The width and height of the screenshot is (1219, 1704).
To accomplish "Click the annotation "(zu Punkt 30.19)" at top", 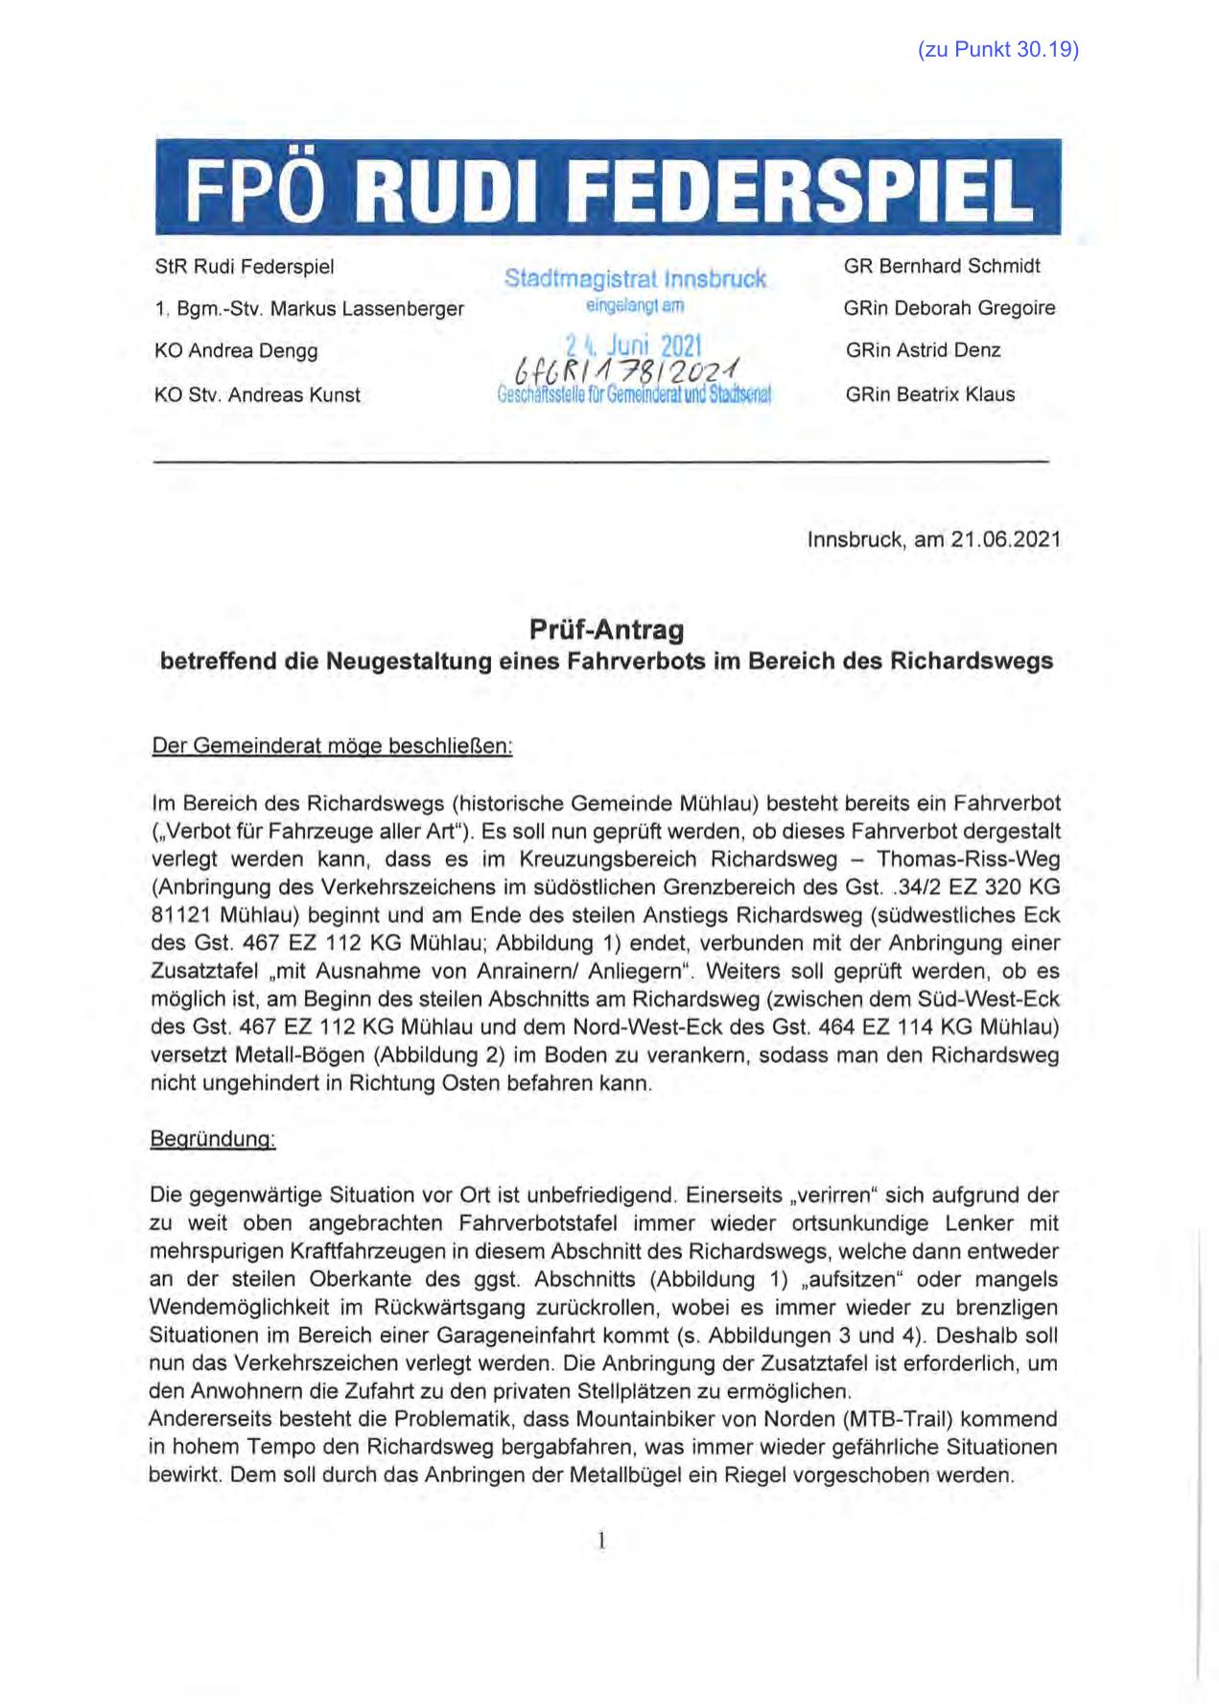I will click(x=997, y=51).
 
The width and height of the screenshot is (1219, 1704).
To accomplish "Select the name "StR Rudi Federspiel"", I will click(x=245, y=267).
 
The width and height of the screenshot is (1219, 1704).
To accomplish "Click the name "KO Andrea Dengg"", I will click(x=236, y=351).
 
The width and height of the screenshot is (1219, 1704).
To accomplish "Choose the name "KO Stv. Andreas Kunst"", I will click(x=257, y=394).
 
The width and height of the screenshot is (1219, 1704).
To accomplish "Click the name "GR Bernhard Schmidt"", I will click(x=942, y=266).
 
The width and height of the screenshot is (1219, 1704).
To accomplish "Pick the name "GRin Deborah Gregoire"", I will click(x=949, y=308).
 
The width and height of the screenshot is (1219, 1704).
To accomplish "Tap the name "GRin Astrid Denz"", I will click(x=923, y=350).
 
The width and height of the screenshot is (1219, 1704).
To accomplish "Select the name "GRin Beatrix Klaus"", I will click(x=929, y=393).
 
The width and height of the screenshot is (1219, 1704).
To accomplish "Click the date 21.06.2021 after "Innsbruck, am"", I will click(x=1006, y=539).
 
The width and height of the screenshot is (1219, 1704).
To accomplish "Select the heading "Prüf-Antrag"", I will click(x=606, y=630).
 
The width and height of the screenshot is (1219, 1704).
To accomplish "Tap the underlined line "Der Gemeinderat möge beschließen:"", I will click(x=333, y=745).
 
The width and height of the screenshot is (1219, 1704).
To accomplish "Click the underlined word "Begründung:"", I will click(x=213, y=1140).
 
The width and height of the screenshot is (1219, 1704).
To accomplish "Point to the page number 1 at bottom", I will click(x=601, y=1541).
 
